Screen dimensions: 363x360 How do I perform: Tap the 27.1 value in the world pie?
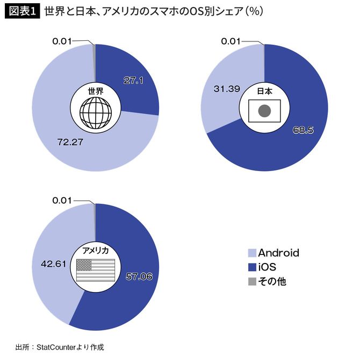pyautogui.click(x=133, y=80)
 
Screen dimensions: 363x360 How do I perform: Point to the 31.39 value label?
pyautogui.click(x=226, y=88)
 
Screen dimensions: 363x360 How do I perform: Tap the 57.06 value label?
pyautogui.click(x=139, y=276)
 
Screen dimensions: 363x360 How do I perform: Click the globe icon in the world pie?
pyautogui.click(x=96, y=112)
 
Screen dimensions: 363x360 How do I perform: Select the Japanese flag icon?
pyautogui.click(x=264, y=111)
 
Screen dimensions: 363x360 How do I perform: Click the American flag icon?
pyautogui.click(x=96, y=270)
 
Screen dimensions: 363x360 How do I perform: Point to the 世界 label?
pyautogui.click(x=96, y=91)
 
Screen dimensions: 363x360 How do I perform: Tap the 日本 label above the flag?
pyautogui.click(x=264, y=91)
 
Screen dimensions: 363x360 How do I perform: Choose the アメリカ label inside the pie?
pyautogui.click(x=96, y=250)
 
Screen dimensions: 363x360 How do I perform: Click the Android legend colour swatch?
pyautogui.click(x=251, y=253)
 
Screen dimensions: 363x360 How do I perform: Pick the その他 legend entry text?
pyautogui.click(x=272, y=281)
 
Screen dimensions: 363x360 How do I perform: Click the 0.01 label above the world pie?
pyautogui.click(x=62, y=41)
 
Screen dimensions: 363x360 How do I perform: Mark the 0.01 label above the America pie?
pyautogui.click(x=62, y=200)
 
